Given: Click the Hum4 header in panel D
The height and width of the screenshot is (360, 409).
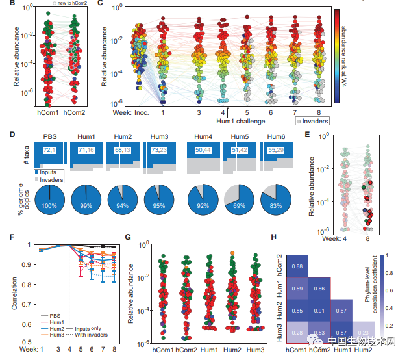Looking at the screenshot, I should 203,137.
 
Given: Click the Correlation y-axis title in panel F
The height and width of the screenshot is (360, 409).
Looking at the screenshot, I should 8,292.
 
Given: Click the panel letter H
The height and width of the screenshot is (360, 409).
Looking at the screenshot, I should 258,238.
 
